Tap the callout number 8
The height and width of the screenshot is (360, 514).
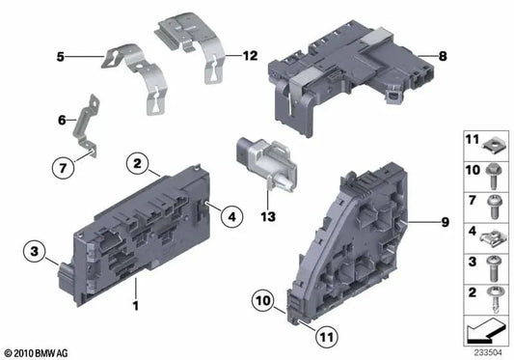click(442, 58)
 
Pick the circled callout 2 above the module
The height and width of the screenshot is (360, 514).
click(140, 165)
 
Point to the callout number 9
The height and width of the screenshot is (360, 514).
click(445, 223)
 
